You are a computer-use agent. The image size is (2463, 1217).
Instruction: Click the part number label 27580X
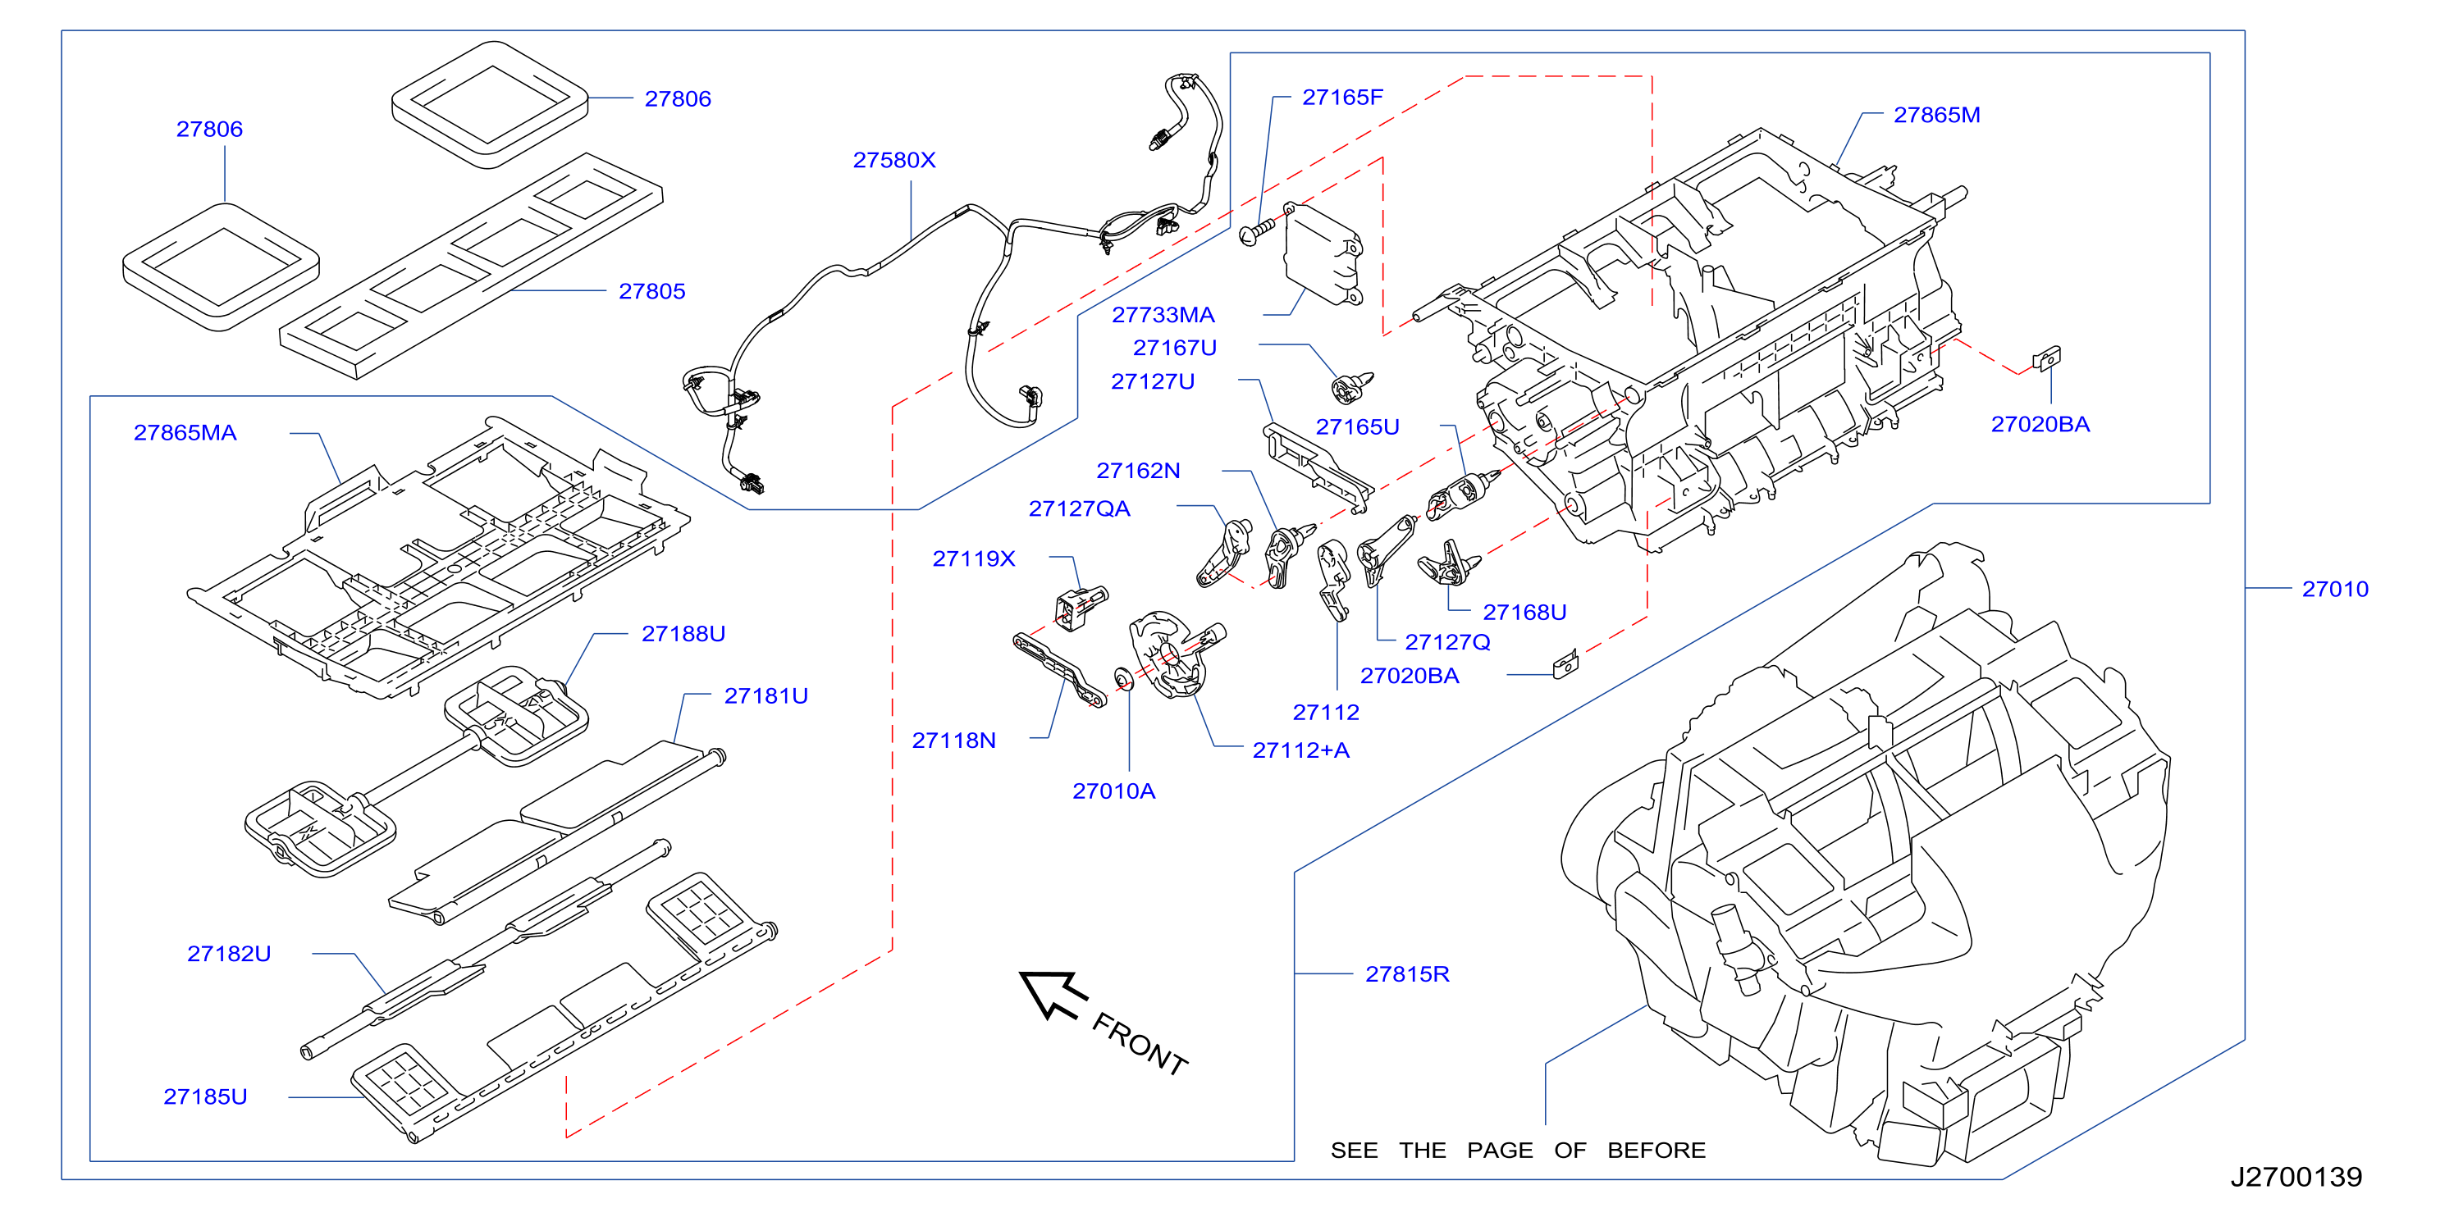[x=894, y=160]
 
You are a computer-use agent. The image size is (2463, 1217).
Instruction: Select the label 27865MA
[x=185, y=432]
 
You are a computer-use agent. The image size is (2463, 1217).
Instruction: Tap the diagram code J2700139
[x=2296, y=1176]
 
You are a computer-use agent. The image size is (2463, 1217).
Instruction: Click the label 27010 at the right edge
[x=2335, y=589]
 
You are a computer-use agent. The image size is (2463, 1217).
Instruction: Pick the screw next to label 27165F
[x=1256, y=230]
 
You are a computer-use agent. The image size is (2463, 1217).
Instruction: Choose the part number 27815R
[x=1406, y=973]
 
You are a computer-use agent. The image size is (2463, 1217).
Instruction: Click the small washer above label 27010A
[x=1124, y=679]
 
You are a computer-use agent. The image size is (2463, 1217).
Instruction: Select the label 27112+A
[x=1300, y=750]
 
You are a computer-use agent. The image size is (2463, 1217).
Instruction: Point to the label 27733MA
[x=1163, y=315]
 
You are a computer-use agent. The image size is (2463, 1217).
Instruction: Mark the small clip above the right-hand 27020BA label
[x=2047, y=358]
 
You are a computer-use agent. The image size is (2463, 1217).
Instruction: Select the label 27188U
[x=683, y=634]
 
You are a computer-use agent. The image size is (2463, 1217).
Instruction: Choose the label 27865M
[x=1936, y=115]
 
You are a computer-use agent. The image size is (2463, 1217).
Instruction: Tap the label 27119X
[x=973, y=558]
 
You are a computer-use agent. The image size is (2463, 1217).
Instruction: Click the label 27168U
[x=1524, y=612]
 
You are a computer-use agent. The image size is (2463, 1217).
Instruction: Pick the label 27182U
[x=229, y=953]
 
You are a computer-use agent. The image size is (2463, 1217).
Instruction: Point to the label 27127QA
[x=1079, y=508]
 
